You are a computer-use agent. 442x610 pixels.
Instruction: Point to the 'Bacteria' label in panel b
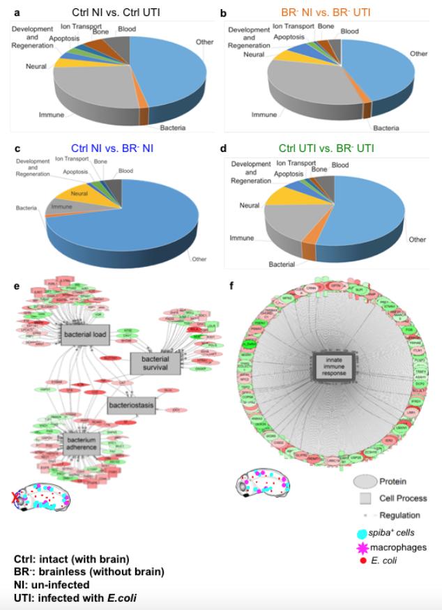386,128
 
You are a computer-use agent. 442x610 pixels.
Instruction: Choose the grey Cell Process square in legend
365,498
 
